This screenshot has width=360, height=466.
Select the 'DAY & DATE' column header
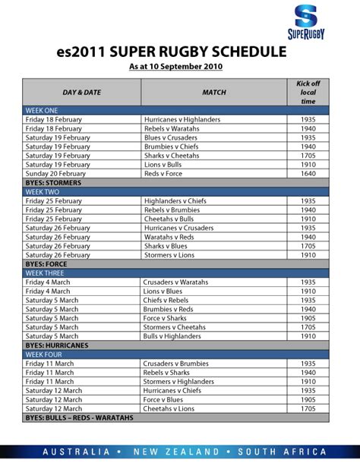pos(83,92)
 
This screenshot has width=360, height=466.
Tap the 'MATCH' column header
pos(213,92)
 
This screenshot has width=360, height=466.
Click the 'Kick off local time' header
pos(308,92)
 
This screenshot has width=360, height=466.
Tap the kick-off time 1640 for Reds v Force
pos(308,173)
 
